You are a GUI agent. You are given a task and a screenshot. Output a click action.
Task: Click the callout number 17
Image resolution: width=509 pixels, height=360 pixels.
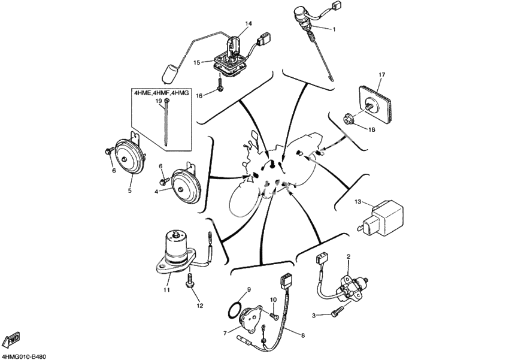pos(380,75)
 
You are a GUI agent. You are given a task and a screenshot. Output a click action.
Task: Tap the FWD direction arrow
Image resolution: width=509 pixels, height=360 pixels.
pos(12,341)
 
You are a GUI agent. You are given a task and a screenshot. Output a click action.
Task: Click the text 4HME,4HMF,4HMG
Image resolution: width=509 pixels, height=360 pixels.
pos(160,93)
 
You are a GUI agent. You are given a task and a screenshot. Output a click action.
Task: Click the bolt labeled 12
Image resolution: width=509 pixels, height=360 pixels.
pos(192,281)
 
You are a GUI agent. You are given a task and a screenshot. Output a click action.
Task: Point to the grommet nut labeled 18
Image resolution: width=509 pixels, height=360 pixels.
pos(348,118)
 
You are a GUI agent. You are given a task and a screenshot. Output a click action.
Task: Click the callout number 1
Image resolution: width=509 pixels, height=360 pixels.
pos(334,29)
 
